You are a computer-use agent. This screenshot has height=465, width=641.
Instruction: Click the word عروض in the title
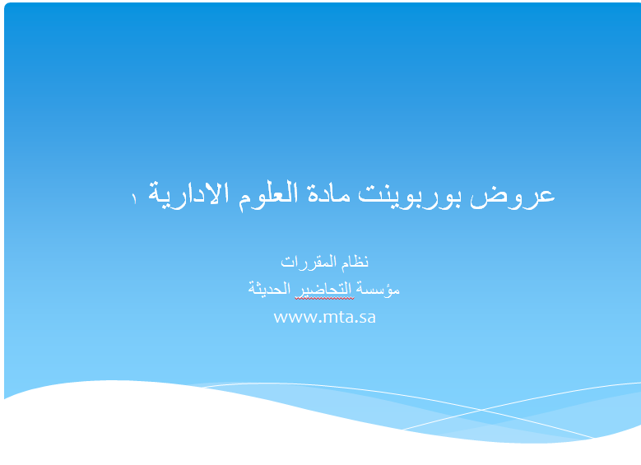pyautogui.click(x=513, y=196)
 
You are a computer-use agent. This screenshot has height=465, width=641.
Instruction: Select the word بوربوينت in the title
pyautogui.click(x=410, y=196)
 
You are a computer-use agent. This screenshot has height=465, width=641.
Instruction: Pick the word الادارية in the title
pyautogui.click(x=188, y=195)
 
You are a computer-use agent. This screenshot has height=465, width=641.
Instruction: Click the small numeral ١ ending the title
pyautogui.click(x=133, y=199)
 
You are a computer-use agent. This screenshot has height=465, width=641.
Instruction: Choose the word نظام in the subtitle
pyautogui.click(x=355, y=262)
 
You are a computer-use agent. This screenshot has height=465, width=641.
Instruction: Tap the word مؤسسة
pyautogui.click(x=378, y=289)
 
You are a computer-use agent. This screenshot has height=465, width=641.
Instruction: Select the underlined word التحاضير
pyautogui.click(x=324, y=290)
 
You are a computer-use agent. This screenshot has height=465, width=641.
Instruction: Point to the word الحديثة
pyautogui.click(x=269, y=288)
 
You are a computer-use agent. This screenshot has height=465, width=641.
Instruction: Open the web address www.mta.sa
pyautogui.click(x=324, y=318)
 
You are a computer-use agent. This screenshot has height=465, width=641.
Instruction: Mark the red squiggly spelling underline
pyautogui.click(x=324, y=298)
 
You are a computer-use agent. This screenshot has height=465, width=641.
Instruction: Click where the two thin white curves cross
pyautogui.click(x=481, y=409)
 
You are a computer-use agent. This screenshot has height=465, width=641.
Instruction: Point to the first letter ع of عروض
pyautogui.click(x=544, y=197)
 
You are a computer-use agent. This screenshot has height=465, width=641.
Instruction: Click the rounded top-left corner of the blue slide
pyautogui.click(x=7, y=6)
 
